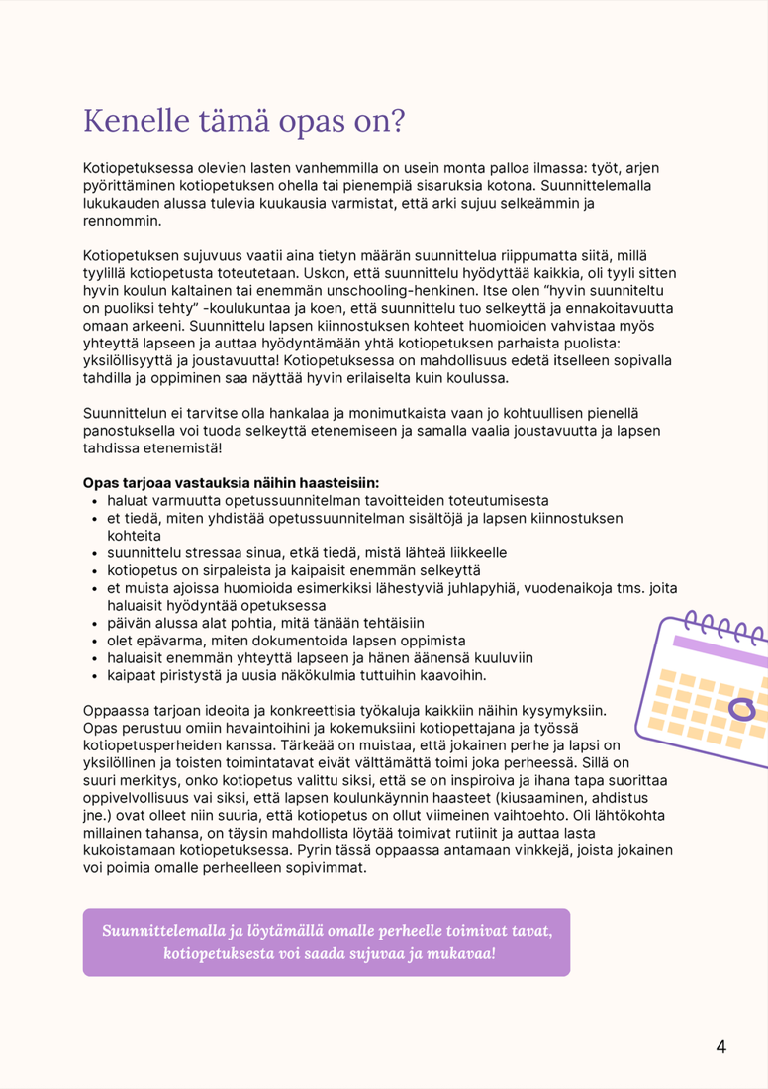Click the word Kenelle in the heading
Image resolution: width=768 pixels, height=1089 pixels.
tap(134, 121)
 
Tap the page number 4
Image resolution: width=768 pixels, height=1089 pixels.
tap(720, 1047)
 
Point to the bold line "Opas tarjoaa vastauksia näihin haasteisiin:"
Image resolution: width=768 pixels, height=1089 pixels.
tap(231, 483)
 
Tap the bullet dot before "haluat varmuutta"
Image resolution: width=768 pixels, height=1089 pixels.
tap(96, 502)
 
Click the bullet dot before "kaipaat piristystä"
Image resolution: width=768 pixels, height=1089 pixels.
tap(96, 676)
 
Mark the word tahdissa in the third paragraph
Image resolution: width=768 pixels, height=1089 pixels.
tap(113, 448)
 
